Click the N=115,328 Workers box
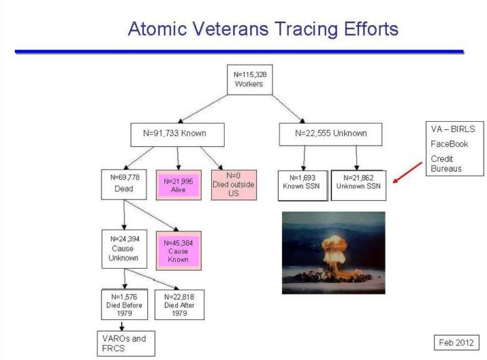pos(250,80)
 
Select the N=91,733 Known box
pos(177,135)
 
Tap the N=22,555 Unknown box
pos(331,135)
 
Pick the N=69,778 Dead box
pos(124,184)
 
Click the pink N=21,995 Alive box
pos(179,185)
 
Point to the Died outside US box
pos(234,185)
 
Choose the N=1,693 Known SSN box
pos(302,185)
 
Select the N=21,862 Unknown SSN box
pos(358,185)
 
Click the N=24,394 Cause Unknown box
pos(124,249)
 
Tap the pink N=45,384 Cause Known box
pos(179,250)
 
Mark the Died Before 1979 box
pos(124,305)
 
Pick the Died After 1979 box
pos(179,305)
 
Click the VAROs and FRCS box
pos(126,344)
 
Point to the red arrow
pos(407,173)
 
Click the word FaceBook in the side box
pos(449,144)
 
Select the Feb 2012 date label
pos(457,342)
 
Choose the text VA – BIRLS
pos(453,129)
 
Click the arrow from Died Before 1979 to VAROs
pos(122,325)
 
